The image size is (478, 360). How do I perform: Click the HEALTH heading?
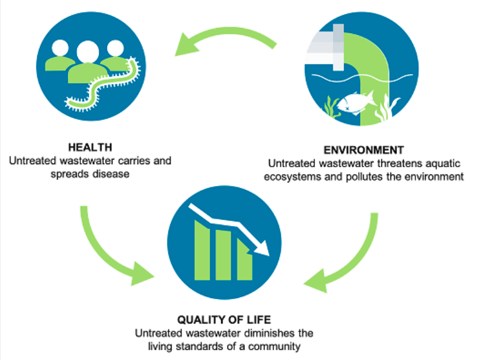pyautogui.click(x=90, y=148)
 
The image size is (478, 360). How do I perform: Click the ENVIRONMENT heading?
pyautogui.click(x=364, y=150)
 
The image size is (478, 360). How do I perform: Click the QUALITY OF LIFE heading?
pyautogui.click(x=224, y=320)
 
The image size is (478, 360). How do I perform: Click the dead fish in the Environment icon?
pyautogui.click(x=356, y=102)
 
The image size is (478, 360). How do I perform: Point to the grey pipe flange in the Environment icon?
pyautogui.click(x=338, y=47)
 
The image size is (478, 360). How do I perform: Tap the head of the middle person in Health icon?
pyautogui.click(x=88, y=51)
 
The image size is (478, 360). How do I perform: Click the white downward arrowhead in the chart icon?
pyautogui.click(x=262, y=247)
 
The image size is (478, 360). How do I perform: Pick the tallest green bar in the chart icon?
pyautogui.click(x=202, y=250)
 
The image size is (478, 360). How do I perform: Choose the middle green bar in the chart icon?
pyautogui.click(x=223, y=255)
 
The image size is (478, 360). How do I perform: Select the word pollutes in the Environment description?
pyautogui.click(x=364, y=177)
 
